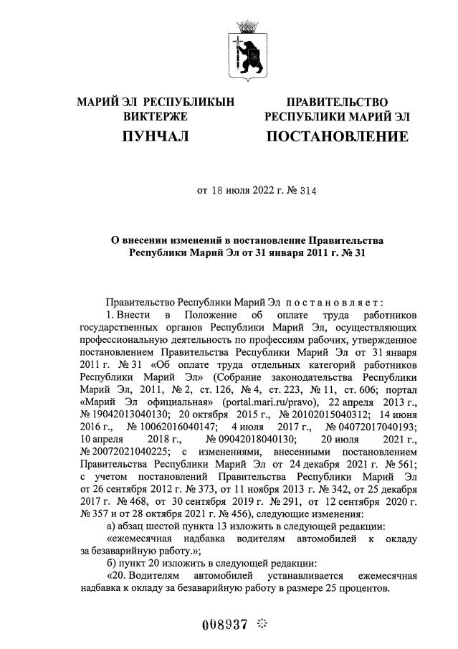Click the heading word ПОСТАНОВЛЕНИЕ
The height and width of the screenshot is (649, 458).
click(x=337, y=136)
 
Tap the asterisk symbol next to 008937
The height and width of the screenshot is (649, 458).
click(x=261, y=623)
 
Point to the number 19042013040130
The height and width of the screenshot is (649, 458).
click(x=128, y=412)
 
